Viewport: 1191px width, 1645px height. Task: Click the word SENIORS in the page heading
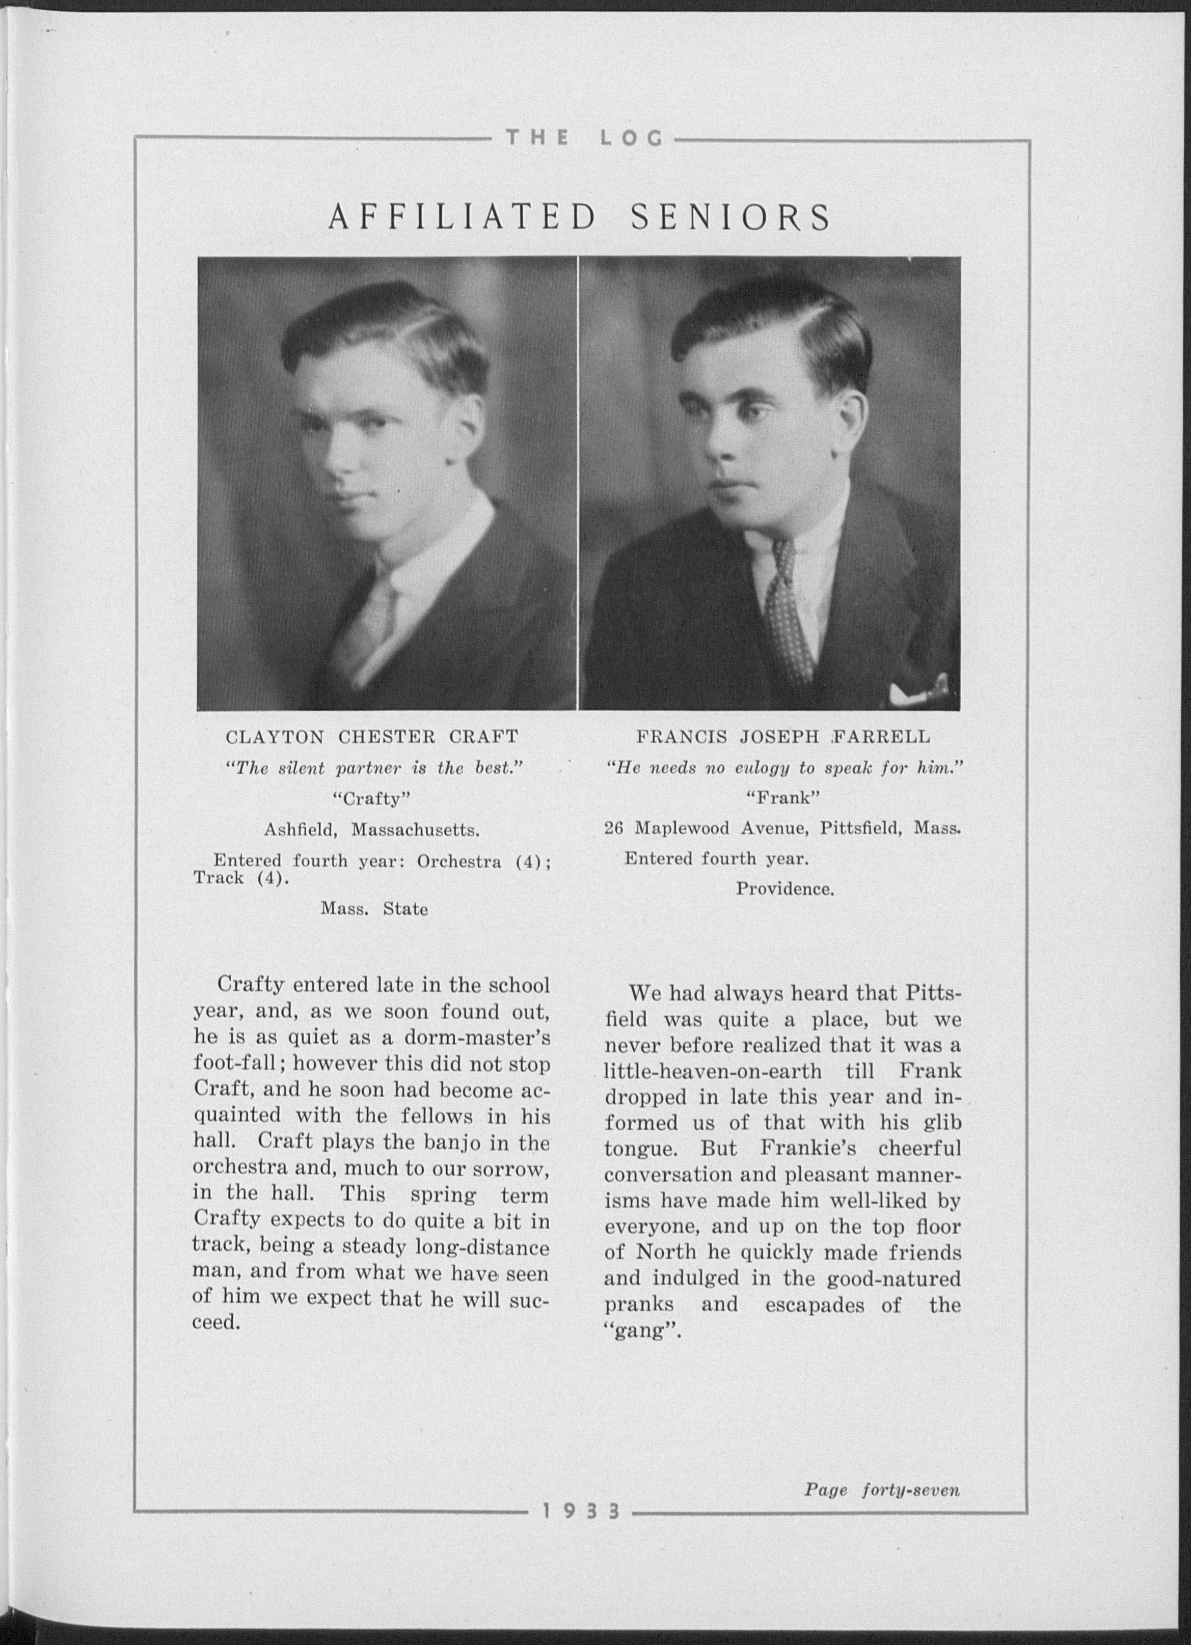730,217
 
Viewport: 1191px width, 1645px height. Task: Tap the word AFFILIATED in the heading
462,217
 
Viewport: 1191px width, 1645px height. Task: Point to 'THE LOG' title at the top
584,138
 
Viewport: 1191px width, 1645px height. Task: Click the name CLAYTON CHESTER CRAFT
372,737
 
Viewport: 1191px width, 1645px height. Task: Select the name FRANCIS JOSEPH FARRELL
782,737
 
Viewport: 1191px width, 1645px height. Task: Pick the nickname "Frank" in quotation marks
783,798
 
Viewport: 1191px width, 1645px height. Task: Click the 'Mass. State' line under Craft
374,909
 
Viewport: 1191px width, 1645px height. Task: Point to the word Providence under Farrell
784,888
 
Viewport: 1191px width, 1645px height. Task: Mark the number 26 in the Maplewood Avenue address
614,828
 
